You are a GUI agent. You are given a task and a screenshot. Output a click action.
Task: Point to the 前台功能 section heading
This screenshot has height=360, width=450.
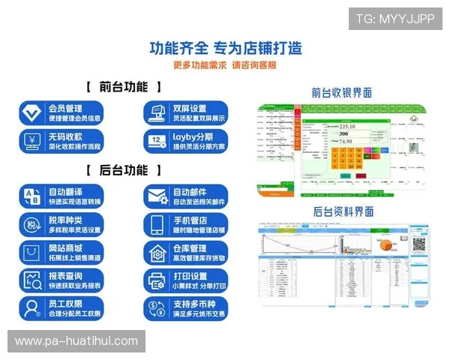tap(124, 87)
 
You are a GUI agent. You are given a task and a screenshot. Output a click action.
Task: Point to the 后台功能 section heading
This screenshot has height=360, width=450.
tap(124, 170)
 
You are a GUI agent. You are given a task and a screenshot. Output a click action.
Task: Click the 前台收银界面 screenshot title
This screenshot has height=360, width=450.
tap(342, 93)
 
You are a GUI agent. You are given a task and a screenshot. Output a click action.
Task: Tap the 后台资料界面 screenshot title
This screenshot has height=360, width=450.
tap(342, 212)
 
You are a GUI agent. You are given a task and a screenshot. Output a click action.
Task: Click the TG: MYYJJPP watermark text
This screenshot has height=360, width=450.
tap(394, 19)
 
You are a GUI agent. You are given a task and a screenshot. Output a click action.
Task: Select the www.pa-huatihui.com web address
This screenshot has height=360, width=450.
tap(76, 341)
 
